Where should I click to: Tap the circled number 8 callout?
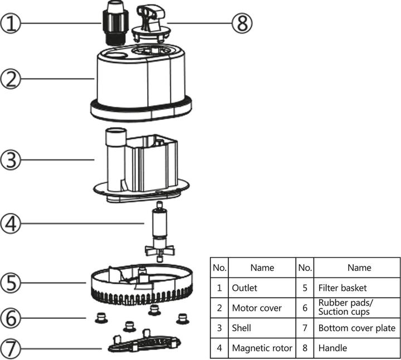241,23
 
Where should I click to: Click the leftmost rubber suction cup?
101,318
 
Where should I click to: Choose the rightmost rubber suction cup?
180,318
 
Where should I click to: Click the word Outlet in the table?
244,288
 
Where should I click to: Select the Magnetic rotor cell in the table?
262,348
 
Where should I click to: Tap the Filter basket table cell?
343,288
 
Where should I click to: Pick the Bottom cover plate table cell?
356,328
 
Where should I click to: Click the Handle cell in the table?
332,348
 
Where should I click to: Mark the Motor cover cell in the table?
257,308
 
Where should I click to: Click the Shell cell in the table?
242,328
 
